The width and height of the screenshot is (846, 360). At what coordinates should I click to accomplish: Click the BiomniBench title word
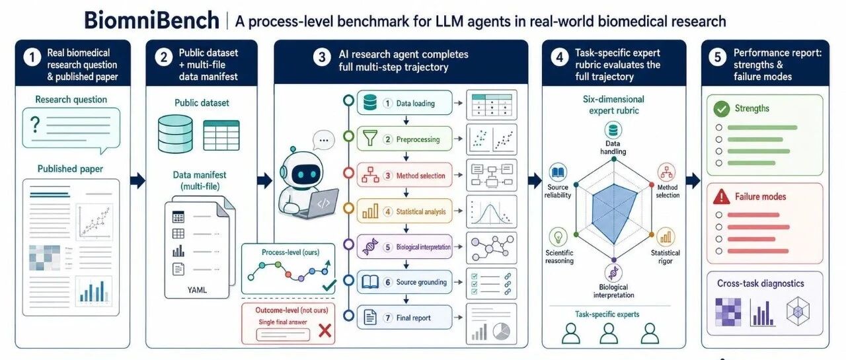[x=151, y=20]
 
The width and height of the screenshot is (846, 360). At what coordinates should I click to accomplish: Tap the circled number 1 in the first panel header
[x=32, y=57]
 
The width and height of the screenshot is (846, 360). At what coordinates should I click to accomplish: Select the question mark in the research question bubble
[x=35, y=125]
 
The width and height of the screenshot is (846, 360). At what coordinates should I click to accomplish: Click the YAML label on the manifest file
[x=197, y=290]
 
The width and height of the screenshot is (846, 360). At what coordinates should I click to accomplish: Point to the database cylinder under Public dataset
[x=175, y=134]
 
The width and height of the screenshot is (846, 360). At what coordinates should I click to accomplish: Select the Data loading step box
[x=404, y=102]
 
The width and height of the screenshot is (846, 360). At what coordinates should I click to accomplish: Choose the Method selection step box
[x=404, y=175]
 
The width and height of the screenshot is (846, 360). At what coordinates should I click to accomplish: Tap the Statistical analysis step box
[x=404, y=211]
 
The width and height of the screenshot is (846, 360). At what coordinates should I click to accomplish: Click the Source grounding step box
[x=404, y=282]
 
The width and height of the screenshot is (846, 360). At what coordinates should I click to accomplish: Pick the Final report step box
[x=404, y=317]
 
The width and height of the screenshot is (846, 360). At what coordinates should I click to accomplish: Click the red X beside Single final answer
[x=325, y=330]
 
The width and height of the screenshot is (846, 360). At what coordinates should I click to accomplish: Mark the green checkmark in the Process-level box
[x=329, y=285]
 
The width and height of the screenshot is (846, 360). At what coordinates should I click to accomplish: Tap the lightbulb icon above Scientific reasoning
[x=558, y=237]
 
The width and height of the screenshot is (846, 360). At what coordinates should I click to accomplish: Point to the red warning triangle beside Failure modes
[x=721, y=197]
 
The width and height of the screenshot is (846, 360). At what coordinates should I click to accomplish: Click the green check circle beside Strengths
[x=721, y=109]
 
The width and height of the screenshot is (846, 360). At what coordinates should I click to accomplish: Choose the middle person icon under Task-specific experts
[x=609, y=333]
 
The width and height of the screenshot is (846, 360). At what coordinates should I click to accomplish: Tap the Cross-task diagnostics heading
[x=760, y=283]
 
